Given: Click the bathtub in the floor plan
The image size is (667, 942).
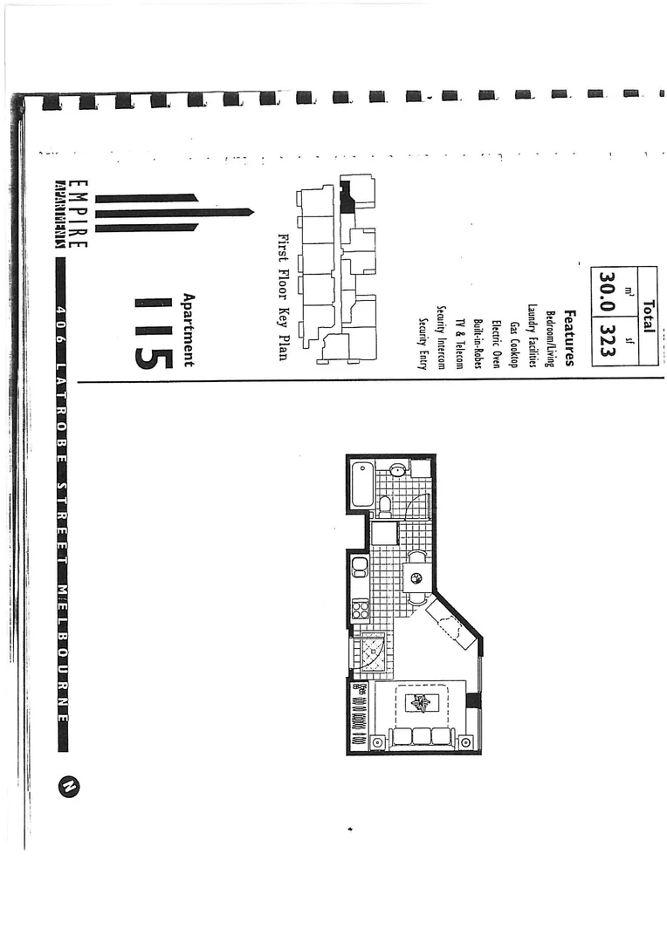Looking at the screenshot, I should click(x=362, y=484).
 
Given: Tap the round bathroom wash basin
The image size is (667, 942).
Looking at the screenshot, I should click(x=396, y=470).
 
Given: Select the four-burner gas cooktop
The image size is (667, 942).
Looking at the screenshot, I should click(x=360, y=610).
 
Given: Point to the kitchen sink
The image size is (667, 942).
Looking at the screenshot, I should click(x=359, y=567).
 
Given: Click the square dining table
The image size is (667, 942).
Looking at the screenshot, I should click(x=416, y=576).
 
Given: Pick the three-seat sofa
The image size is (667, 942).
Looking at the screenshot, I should click(x=422, y=736).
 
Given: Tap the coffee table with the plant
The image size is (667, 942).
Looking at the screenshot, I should click(x=422, y=703).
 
